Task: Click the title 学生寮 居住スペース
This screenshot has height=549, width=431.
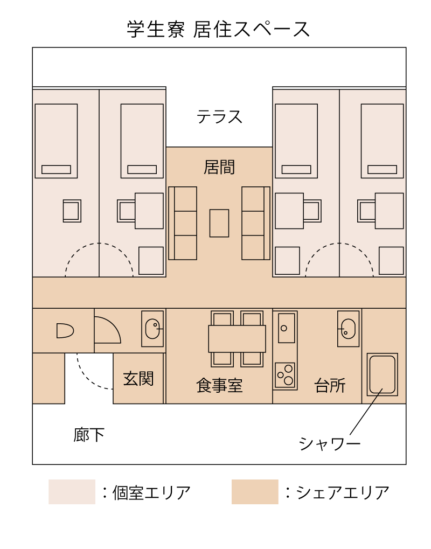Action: [219, 29]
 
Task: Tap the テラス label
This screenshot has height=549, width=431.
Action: [219, 116]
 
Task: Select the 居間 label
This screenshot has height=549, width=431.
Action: [219, 167]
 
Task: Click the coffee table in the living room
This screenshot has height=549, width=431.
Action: [219, 223]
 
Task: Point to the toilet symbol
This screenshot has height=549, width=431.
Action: [65, 330]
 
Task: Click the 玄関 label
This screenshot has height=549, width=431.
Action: [138, 379]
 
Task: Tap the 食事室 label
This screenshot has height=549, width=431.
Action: [219, 386]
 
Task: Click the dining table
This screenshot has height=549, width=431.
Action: [237, 338]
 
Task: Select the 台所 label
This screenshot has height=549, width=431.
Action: [330, 386]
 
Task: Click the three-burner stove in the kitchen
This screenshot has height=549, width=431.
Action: [285, 375]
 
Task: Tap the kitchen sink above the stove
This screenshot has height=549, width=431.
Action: [287, 328]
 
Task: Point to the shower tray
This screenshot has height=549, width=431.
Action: [383, 374]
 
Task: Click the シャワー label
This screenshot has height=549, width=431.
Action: [330, 444]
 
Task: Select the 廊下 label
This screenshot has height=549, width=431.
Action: [89, 435]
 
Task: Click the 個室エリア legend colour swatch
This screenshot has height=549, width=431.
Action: [72, 491]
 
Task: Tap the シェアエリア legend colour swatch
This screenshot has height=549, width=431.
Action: [255, 491]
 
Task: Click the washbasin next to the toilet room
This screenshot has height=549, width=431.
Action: [152, 329]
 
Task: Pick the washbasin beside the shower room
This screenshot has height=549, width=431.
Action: [349, 329]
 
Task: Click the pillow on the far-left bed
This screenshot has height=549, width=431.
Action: [56, 170]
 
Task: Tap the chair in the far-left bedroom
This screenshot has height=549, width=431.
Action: [72, 211]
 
